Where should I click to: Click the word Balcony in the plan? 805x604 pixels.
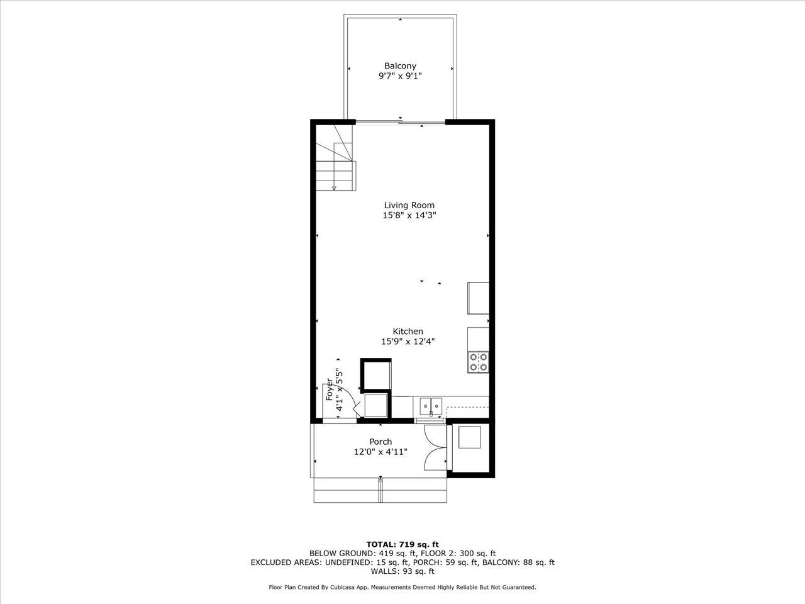[400, 65]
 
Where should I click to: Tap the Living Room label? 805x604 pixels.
[409, 205]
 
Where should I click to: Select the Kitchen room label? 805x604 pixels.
[408, 332]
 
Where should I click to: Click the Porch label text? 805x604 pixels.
[380, 442]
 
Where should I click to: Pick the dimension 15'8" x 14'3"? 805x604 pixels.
[409, 215]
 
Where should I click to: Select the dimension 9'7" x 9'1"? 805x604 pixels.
[400, 76]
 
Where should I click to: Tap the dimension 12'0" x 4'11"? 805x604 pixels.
[380, 452]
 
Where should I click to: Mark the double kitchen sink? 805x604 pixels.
[431, 406]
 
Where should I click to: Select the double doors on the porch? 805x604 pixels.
[435, 447]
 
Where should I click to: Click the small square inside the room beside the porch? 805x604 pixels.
[470, 437]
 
